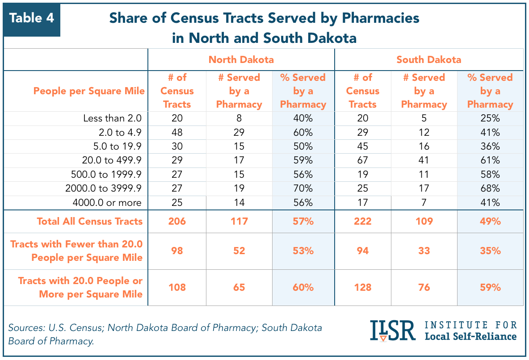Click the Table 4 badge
tap(32, 18)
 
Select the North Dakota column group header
tap(241, 59)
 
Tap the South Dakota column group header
tap(428, 59)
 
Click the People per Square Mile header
tap(89, 91)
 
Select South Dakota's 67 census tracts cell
tap(362, 160)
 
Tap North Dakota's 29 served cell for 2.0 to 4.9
tap(239, 133)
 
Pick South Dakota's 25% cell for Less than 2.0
tap(490, 118)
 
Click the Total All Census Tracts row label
tap(90, 221)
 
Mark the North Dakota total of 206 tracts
tap(177, 221)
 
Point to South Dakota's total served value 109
tap(424, 221)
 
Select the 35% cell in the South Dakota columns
tap(490, 251)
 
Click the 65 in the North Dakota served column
tap(239, 287)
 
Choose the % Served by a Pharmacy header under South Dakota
tap(490, 91)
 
